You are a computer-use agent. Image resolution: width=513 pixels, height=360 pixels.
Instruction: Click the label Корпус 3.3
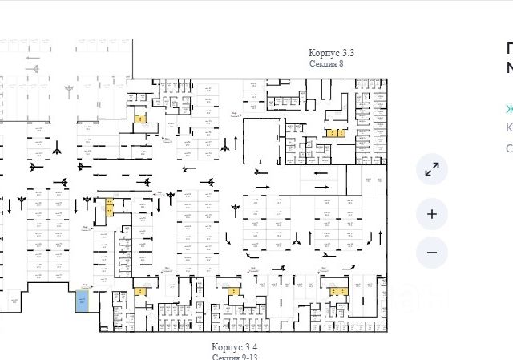[332, 53]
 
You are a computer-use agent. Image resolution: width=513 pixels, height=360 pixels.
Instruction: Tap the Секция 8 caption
[326, 63]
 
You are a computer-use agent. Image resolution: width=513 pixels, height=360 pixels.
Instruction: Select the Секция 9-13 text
[235, 356]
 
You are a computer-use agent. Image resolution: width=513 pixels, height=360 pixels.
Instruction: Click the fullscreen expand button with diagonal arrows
[432, 170]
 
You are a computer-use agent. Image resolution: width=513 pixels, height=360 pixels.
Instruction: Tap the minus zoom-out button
[432, 253]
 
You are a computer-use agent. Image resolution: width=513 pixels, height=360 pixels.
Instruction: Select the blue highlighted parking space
[82, 301]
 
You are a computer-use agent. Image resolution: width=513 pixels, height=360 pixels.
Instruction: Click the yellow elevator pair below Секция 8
[335, 131]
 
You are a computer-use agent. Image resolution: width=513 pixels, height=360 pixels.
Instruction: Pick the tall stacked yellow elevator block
[109, 208]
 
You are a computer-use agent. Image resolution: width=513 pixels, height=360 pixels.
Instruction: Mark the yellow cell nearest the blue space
[141, 292]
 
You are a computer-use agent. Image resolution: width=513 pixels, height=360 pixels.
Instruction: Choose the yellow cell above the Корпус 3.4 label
[233, 291]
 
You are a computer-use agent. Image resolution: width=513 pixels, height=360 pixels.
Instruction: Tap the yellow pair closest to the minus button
[337, 291]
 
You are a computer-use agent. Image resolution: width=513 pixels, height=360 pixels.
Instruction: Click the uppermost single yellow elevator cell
[141, 119]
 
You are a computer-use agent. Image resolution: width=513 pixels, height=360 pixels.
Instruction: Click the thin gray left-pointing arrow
[32, 58]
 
